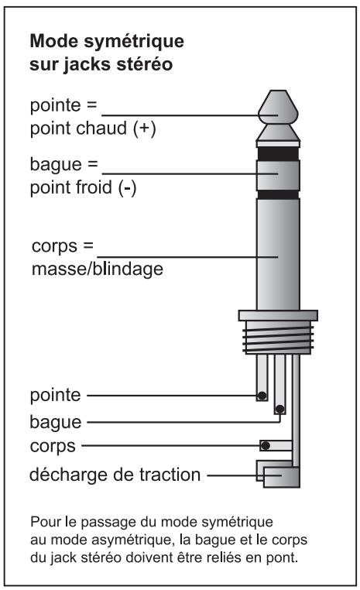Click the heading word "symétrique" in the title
pos(137,39)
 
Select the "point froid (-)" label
pos(82,188)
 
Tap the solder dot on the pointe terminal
pos(262,396)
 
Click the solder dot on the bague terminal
pos(279,410)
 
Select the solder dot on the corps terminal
pos(266,446)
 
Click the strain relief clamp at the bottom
pos(279,474)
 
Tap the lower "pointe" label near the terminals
pos(54,396)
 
